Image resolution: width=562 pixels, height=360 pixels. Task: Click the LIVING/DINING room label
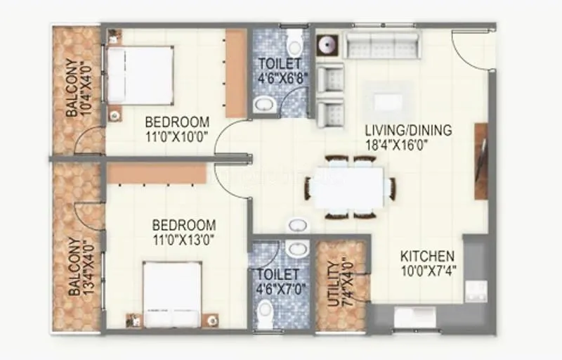point(408,131)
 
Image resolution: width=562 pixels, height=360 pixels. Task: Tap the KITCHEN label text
point(427,257)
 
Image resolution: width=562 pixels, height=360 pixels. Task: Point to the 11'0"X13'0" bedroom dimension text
point(184,238)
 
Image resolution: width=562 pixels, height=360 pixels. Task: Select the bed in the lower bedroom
point(172,292)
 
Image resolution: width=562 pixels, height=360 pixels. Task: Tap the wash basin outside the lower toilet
point(299,225)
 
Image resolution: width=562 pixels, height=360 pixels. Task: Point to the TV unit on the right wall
point(481,161)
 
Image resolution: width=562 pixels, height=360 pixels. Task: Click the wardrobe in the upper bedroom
point(236,74)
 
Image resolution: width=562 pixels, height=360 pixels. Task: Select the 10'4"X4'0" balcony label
point(77,88)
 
